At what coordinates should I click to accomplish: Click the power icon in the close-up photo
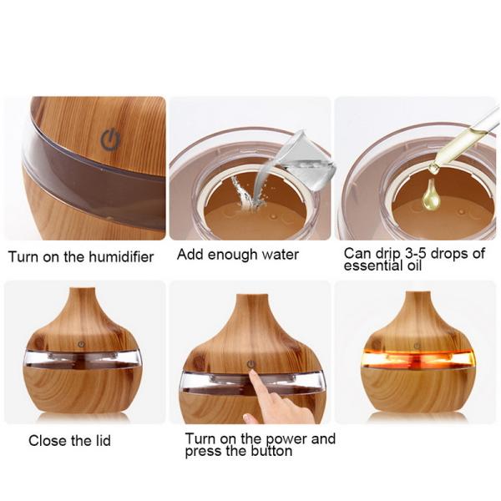click(x=110, y=139)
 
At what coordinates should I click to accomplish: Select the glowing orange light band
click(x=417, y=358)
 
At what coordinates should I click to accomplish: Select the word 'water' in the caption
click(x=279, y=254)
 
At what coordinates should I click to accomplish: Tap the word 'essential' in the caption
click(x=372, y=266)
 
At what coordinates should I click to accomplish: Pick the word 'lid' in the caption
click(x=101, y=440)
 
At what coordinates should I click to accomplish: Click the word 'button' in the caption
click(x=266, y=451)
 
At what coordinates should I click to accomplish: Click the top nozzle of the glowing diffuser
click(x=417, y=297)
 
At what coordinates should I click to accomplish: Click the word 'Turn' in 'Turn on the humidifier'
click(x=23, y=257)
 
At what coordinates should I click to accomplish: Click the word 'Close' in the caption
click(x=47, y=440)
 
